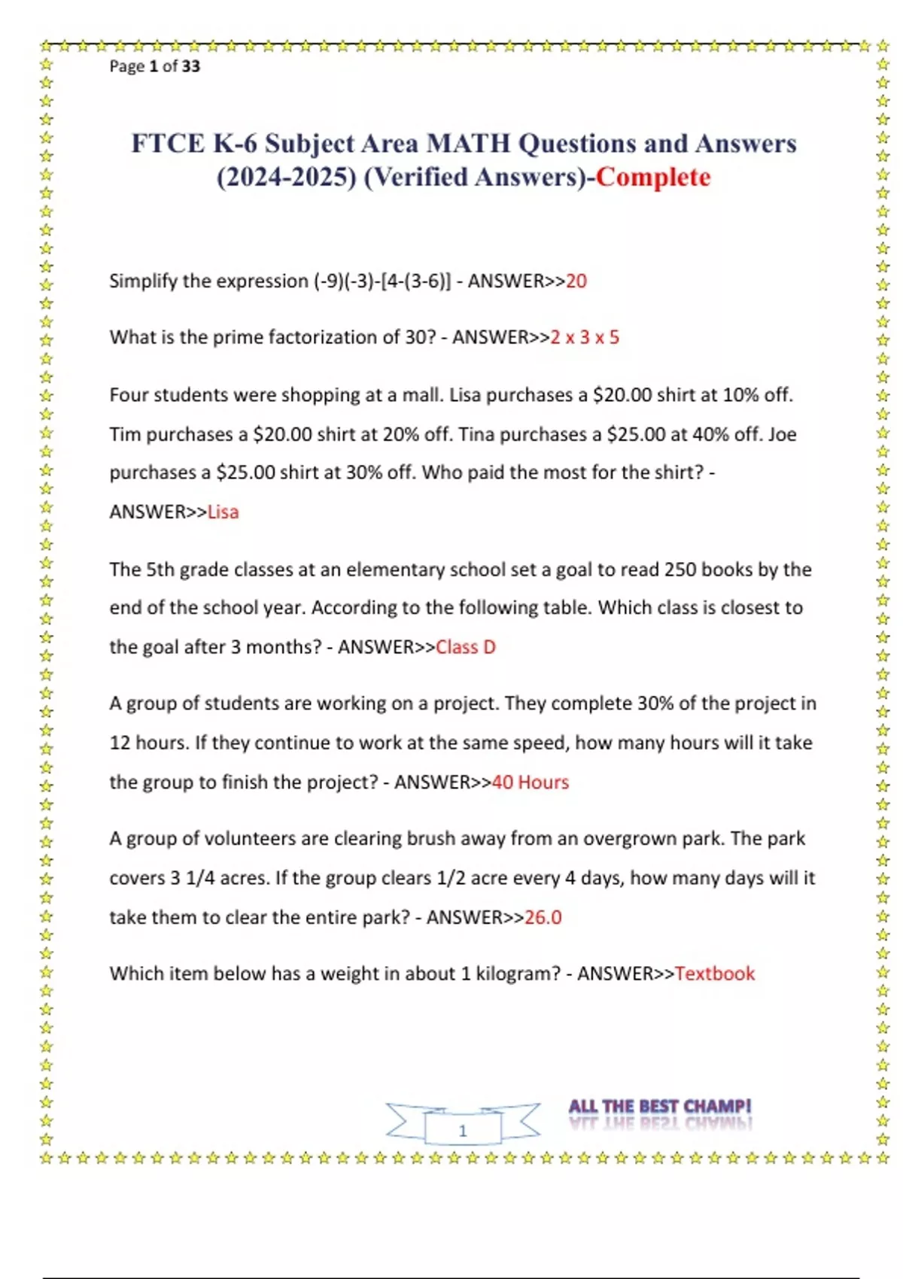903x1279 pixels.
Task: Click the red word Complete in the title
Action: [x=653, y=178]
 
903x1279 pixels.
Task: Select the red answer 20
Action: [x=576, y=281]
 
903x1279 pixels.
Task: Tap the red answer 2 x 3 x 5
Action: [x=585, y=337]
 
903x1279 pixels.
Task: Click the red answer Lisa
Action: [x=223, y=512]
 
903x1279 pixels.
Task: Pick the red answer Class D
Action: [x=466, y=647]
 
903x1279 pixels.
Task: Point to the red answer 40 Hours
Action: [x=531, y=782]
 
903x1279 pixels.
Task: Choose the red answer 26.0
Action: [x=543, y=918]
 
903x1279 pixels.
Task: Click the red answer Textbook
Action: [x=715, y=974]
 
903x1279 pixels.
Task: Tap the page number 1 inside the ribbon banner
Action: [x=463, y=1131]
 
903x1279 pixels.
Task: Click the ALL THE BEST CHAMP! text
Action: [x=660, y=1107]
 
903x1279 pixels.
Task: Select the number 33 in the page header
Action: [x=191, y=66]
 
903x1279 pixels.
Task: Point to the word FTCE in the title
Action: [x=168, y=144]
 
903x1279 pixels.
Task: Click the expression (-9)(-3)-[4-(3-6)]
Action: [x=382, y=281]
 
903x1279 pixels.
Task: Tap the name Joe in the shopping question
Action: [x=782, y=435]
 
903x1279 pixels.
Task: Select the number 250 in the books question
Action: [x=680, y=570]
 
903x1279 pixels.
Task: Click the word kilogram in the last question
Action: [x=516, y=974]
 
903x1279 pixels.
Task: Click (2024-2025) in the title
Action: [x=287, y=178]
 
